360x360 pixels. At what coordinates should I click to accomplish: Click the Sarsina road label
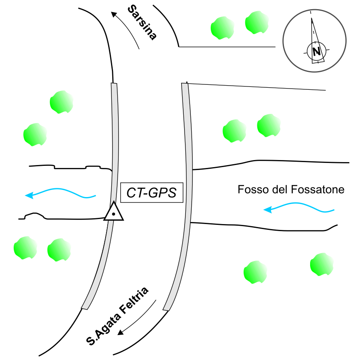coord(142,22)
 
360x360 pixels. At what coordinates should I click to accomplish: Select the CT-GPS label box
coord(152,193)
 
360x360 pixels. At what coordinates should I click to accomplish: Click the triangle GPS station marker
coord(113,212)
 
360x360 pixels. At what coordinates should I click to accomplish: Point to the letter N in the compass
coord(317,52)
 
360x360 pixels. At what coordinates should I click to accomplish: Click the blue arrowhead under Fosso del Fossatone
coord(268,210)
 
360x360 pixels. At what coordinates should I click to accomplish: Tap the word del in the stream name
coord(277,190)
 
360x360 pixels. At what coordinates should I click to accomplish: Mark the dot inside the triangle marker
coord(113,215)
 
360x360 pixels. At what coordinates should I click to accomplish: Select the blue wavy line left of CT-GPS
coord(62,192)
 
